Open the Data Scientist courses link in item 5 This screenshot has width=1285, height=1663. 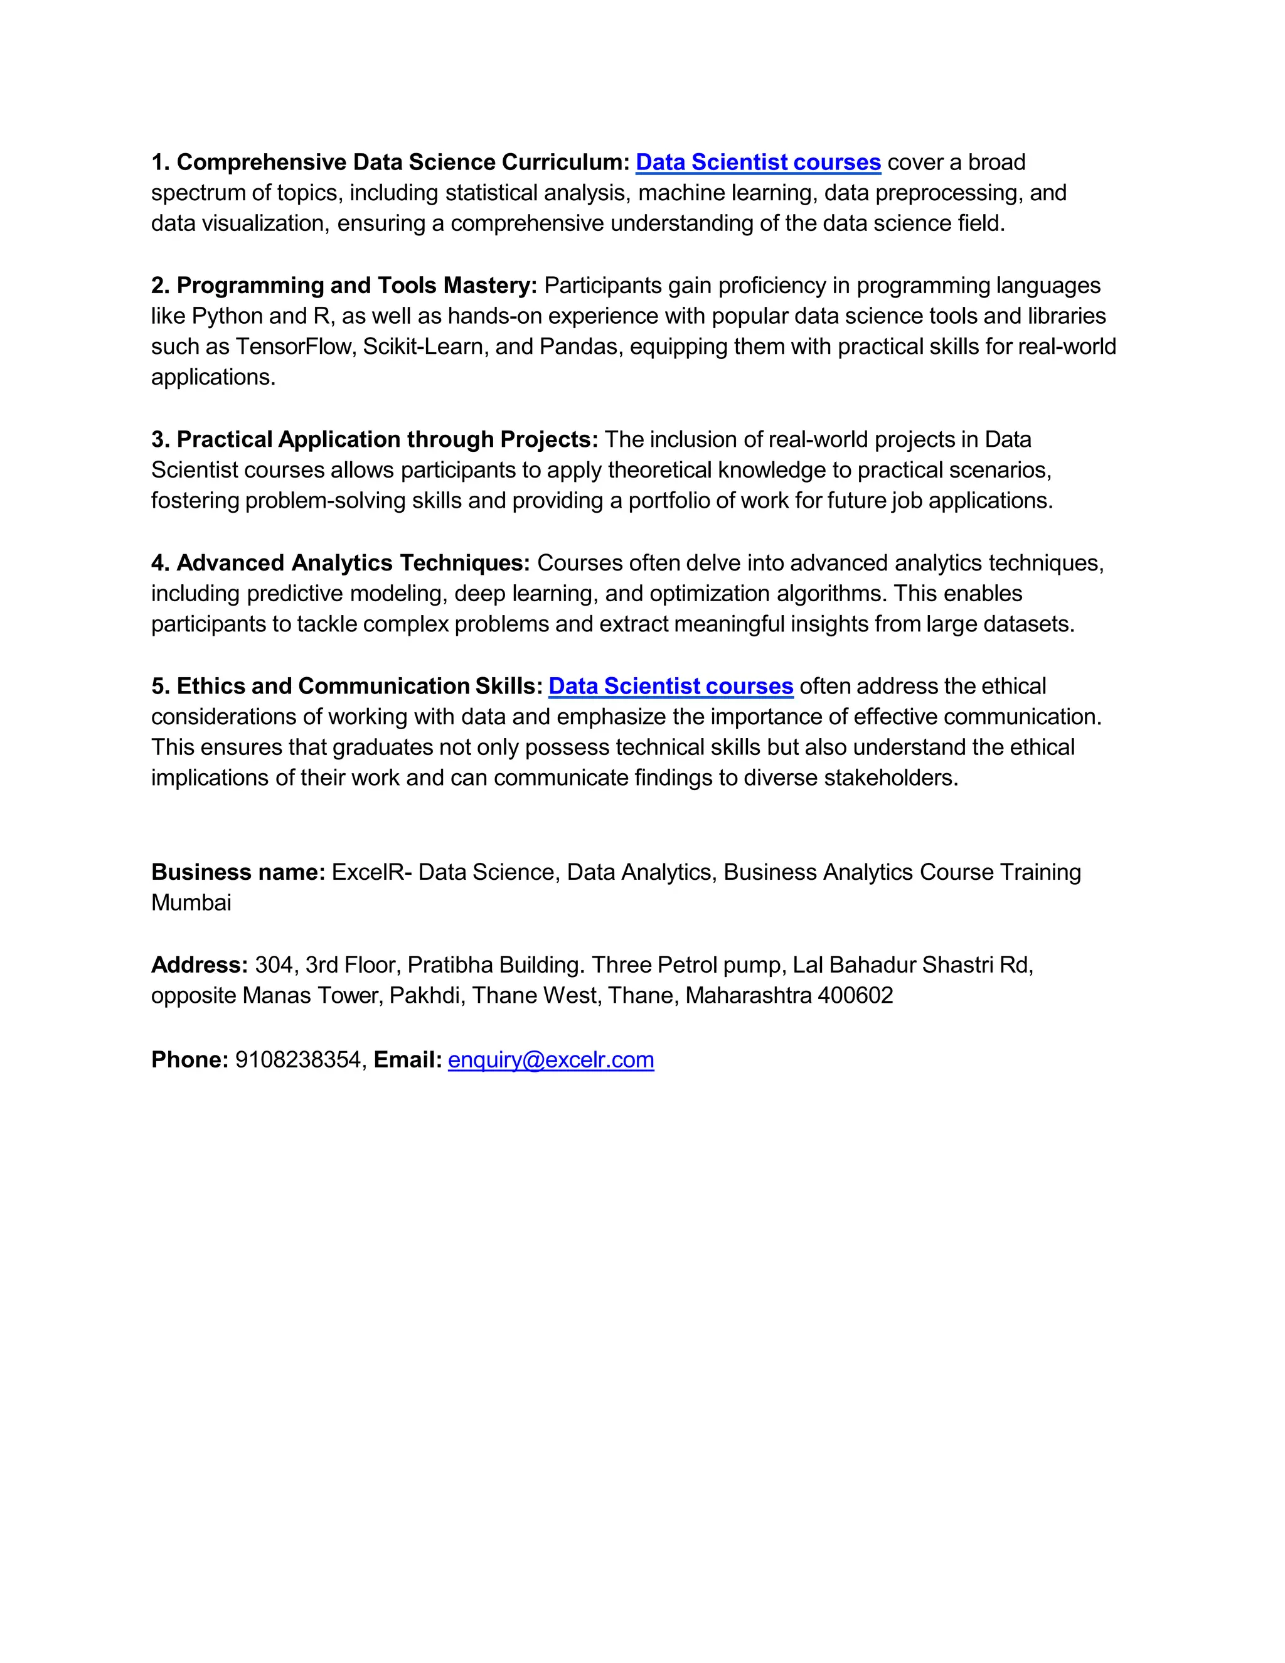pyautogui.click(x=671, y=686)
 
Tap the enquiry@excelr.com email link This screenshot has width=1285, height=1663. pyautogui.click(x=550, y=1059)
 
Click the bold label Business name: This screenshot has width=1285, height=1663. pyautogui.click(x=238, y=872)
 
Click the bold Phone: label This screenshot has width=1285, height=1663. pyautogui.click(x=189, y=1059)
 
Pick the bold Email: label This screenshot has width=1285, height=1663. pyautogui.click(x=407, y=1059)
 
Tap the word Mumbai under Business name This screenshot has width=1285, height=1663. pyautogui.click(x=191, y=902)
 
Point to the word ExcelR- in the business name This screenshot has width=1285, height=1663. pyautogui.click(x=371, y=872)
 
